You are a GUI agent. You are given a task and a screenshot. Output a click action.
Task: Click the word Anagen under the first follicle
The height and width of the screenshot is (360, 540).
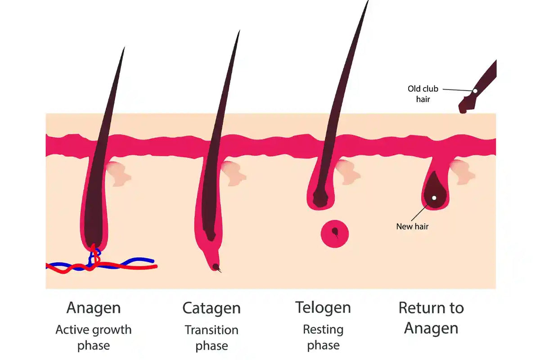[x=94, y=308]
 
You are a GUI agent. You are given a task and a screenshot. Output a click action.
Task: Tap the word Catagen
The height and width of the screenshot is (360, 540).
[x=211, y=309]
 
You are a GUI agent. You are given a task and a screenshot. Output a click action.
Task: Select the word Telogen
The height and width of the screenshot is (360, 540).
[x=323, y=308]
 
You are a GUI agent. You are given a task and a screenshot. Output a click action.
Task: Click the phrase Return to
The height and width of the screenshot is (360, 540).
[x=431, y=308]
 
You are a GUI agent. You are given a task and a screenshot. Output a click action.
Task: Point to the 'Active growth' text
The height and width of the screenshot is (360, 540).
[x=94, y=329]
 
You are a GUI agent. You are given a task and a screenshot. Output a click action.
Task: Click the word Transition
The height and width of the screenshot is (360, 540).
[x=211, y=329]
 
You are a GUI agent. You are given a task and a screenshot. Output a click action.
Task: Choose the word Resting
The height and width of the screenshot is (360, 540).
[x=323, y=329]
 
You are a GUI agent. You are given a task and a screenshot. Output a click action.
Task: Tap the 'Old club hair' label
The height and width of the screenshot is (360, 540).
[x=423, y=94]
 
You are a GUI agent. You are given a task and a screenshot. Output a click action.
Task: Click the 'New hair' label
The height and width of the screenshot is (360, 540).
[x=412, y=226]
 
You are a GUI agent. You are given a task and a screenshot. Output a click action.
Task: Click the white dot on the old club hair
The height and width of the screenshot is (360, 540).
[x=475, y=91]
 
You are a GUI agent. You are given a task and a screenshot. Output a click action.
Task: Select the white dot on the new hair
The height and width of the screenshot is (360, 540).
[x=434, y=198]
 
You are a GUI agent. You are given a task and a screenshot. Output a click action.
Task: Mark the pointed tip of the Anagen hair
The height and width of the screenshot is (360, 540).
[x=123, y=49]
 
